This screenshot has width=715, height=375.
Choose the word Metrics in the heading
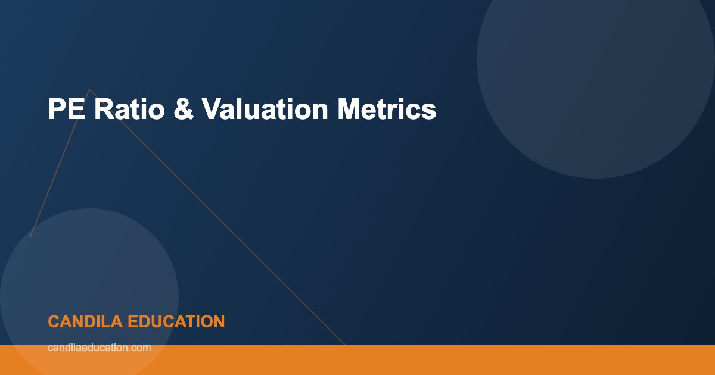pos(387,110)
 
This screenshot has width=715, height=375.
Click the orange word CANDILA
pos(85,322)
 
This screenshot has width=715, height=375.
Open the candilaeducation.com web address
pos(99,348)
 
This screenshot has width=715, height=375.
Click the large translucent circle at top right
pos(596,60)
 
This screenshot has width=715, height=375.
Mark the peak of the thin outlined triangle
pos(89,89)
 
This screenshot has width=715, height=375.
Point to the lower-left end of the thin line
pos(30,237)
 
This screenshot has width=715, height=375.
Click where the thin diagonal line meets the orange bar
pos(345,345)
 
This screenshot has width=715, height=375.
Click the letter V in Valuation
pos(210,110)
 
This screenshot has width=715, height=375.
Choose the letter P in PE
pos(56,110)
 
